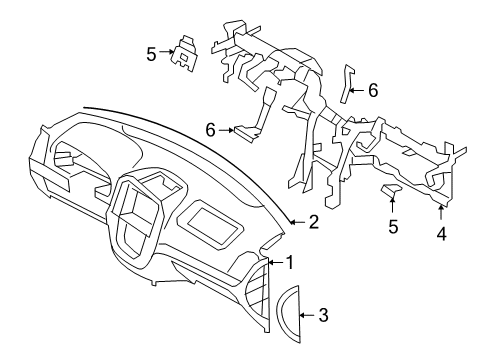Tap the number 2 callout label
coord(312,221)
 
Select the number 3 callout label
coord(322,316)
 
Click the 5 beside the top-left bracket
coord(152,54)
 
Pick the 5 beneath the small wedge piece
coord(393,227)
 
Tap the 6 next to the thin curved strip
coord(372,90)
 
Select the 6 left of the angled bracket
coord(210,129)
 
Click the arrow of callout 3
coord(307,316)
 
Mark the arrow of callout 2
coord(295,221)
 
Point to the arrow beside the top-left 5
coord(167,54)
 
